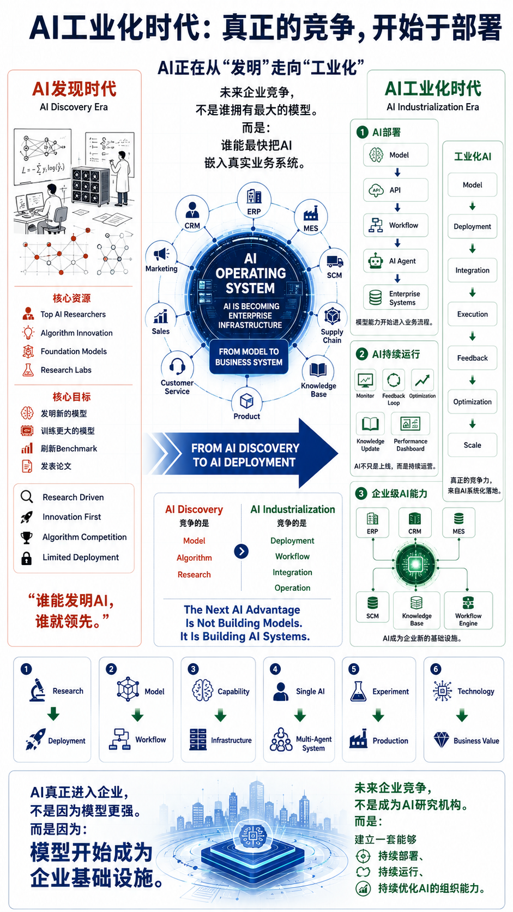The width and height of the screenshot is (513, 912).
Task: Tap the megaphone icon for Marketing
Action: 161,254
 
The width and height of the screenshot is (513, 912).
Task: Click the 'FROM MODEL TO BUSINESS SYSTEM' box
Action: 249,357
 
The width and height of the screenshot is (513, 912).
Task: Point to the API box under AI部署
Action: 395,190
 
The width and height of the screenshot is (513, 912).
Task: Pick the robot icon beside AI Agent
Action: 376,261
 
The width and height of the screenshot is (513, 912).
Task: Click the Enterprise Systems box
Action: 395,298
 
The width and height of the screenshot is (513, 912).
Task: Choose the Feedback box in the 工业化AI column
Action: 472,358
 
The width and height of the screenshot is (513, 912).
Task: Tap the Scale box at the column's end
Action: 472,445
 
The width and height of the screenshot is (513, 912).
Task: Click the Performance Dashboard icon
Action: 410,423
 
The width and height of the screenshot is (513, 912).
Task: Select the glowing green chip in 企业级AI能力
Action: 415,565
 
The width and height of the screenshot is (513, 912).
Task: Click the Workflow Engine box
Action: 468,610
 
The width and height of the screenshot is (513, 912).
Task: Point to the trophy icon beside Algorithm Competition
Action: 27,537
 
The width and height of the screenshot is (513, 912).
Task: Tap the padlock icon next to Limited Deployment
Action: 27,558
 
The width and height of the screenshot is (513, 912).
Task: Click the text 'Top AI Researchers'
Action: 73,314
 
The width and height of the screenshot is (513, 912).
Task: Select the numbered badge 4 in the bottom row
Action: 275,669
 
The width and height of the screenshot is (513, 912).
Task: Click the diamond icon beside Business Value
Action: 442,740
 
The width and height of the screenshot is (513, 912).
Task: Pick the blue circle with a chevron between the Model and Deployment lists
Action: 242,551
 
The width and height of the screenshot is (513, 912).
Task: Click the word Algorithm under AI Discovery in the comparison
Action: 194,558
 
